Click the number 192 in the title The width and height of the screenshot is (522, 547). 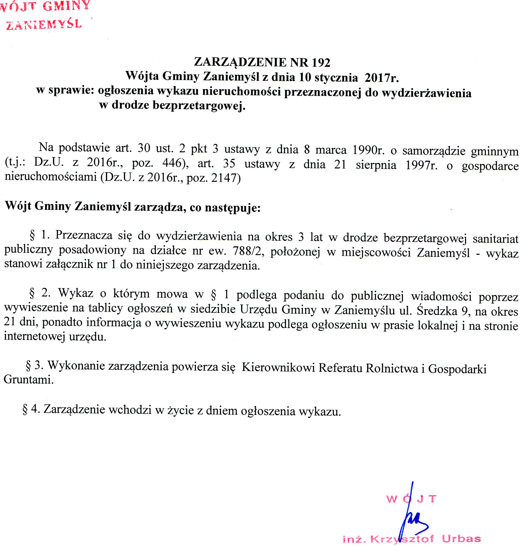tap(321, 63)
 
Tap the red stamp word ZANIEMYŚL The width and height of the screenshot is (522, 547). tap(44, 25)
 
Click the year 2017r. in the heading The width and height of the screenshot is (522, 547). tap(382, 78)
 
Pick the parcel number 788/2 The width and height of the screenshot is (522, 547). tap(248, 251)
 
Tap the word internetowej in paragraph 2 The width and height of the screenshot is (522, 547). tap(35, 336)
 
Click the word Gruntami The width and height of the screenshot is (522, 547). tap(28, 380)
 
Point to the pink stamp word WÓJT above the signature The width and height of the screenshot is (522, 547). tap(411, 499)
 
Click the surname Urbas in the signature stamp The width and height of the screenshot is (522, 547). tap(461, 539)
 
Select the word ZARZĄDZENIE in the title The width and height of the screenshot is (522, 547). tap(240, 62)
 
